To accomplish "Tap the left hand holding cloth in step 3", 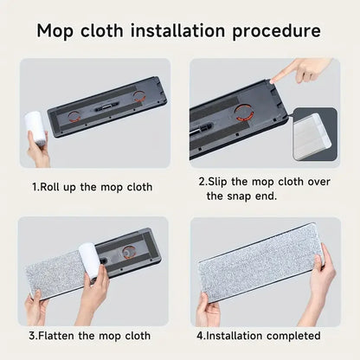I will pyautogui.click(x=36, y=305).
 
